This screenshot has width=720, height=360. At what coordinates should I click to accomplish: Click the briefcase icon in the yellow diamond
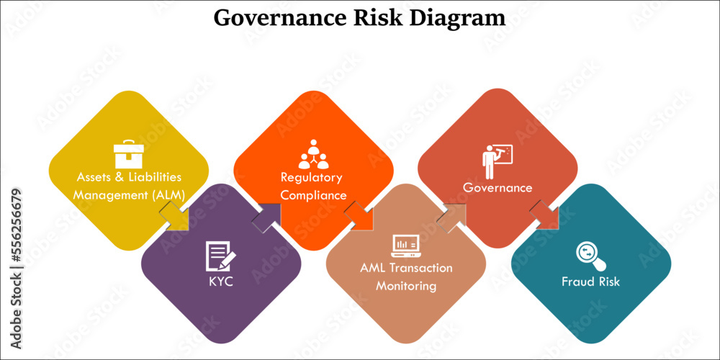click(x=129, y=153)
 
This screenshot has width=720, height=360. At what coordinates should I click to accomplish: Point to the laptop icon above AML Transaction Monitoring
click(x=407, y=246)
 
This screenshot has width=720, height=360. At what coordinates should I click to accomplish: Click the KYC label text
click(x=220, y=281)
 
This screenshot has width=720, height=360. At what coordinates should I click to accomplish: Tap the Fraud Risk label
click(x=590, y=281)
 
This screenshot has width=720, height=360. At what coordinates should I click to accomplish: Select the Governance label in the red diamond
click(x=498, y=188)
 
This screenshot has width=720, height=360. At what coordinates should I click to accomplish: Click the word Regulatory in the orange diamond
click(x=311, y=177)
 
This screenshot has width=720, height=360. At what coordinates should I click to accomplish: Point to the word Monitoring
click(x=406, y=286)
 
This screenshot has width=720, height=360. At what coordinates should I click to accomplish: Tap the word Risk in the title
click(x=379, y=17)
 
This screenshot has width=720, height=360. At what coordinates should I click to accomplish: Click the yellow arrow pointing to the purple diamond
click(x=174, y=216)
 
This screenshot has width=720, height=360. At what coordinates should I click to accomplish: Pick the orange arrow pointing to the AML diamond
click(x=359, y=216)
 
